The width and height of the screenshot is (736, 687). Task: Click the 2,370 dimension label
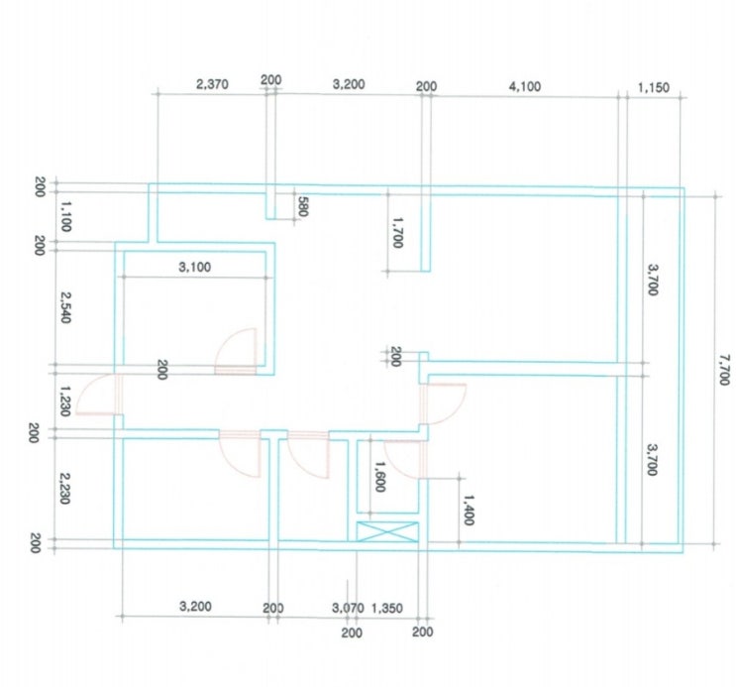click(212, 84)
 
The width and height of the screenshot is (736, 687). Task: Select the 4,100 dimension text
click(525, 87)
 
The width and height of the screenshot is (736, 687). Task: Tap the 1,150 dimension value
click(654, 88)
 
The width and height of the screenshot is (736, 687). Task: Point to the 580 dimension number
click(303, 206)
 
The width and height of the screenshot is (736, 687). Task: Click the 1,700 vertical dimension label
click(397, 232)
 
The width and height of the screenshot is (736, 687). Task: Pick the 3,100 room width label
click(195, 268)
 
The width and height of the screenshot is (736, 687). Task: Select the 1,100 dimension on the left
click(65, 216)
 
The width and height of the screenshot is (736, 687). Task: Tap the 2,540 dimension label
click(65, 307)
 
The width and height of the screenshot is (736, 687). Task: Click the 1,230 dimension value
click(65, 401)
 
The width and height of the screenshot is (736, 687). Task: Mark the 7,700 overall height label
click(724, 370)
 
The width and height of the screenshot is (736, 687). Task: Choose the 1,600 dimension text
click(379, 476)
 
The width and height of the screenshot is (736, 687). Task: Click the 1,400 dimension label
click(469, 510)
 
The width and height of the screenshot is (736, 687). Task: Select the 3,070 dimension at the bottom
click(348, 608)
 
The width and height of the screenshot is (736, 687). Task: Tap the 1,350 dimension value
click(387, 609)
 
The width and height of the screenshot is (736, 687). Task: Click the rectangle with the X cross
click(387, 531)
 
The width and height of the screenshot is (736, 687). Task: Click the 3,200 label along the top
click(349, 84)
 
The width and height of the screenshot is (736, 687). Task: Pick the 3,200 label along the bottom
click(195, 606)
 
